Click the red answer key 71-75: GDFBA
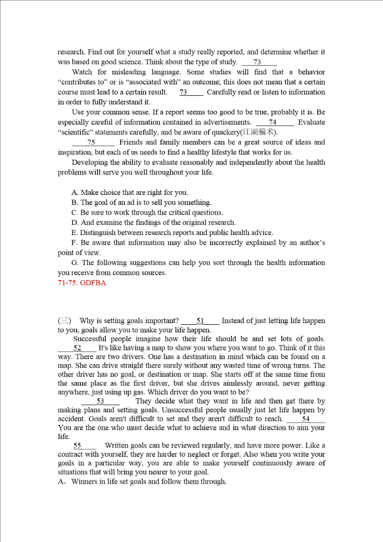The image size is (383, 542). tap(82, 283)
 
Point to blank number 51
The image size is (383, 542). tap(200, 321)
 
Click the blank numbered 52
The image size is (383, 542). tap(78, 348)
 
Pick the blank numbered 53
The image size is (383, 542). tap(101, 401)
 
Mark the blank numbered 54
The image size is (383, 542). tap(305, 420)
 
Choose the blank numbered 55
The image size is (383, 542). tap(78, 446)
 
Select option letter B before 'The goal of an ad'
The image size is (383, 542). tap(74, 203)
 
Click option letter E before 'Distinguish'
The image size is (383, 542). tap(74, 233)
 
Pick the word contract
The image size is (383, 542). tap(71, 455)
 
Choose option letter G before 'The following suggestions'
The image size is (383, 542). tap(74, 263)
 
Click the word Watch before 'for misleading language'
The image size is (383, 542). tap(81, 72)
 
